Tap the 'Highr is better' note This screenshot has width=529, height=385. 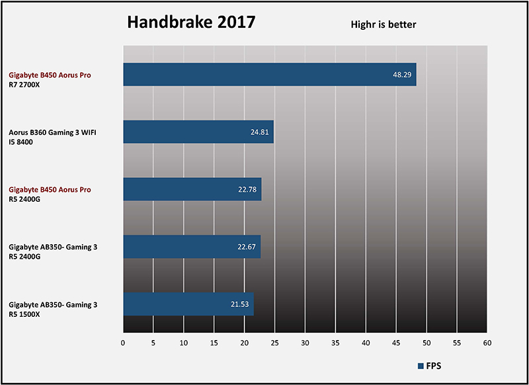[383, 25]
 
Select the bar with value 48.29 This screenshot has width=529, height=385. [270, 75]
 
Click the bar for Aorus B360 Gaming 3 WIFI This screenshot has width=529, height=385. [198, 132]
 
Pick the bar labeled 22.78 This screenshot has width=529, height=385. [192, 189]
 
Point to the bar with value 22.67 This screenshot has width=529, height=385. [192, 247]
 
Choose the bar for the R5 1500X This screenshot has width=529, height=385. [188, 304]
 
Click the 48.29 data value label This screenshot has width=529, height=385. [402, 75]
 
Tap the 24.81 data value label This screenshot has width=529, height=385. [259, 132]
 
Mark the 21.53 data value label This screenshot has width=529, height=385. [239, 304]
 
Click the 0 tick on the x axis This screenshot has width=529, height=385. [123, 343]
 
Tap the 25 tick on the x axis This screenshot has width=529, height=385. [275, 343]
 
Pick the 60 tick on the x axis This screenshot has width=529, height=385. [487, 343]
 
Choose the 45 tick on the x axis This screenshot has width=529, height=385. [396, 343]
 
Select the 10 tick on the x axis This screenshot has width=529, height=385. [184, 343]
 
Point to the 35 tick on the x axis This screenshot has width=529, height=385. [335, 343]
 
